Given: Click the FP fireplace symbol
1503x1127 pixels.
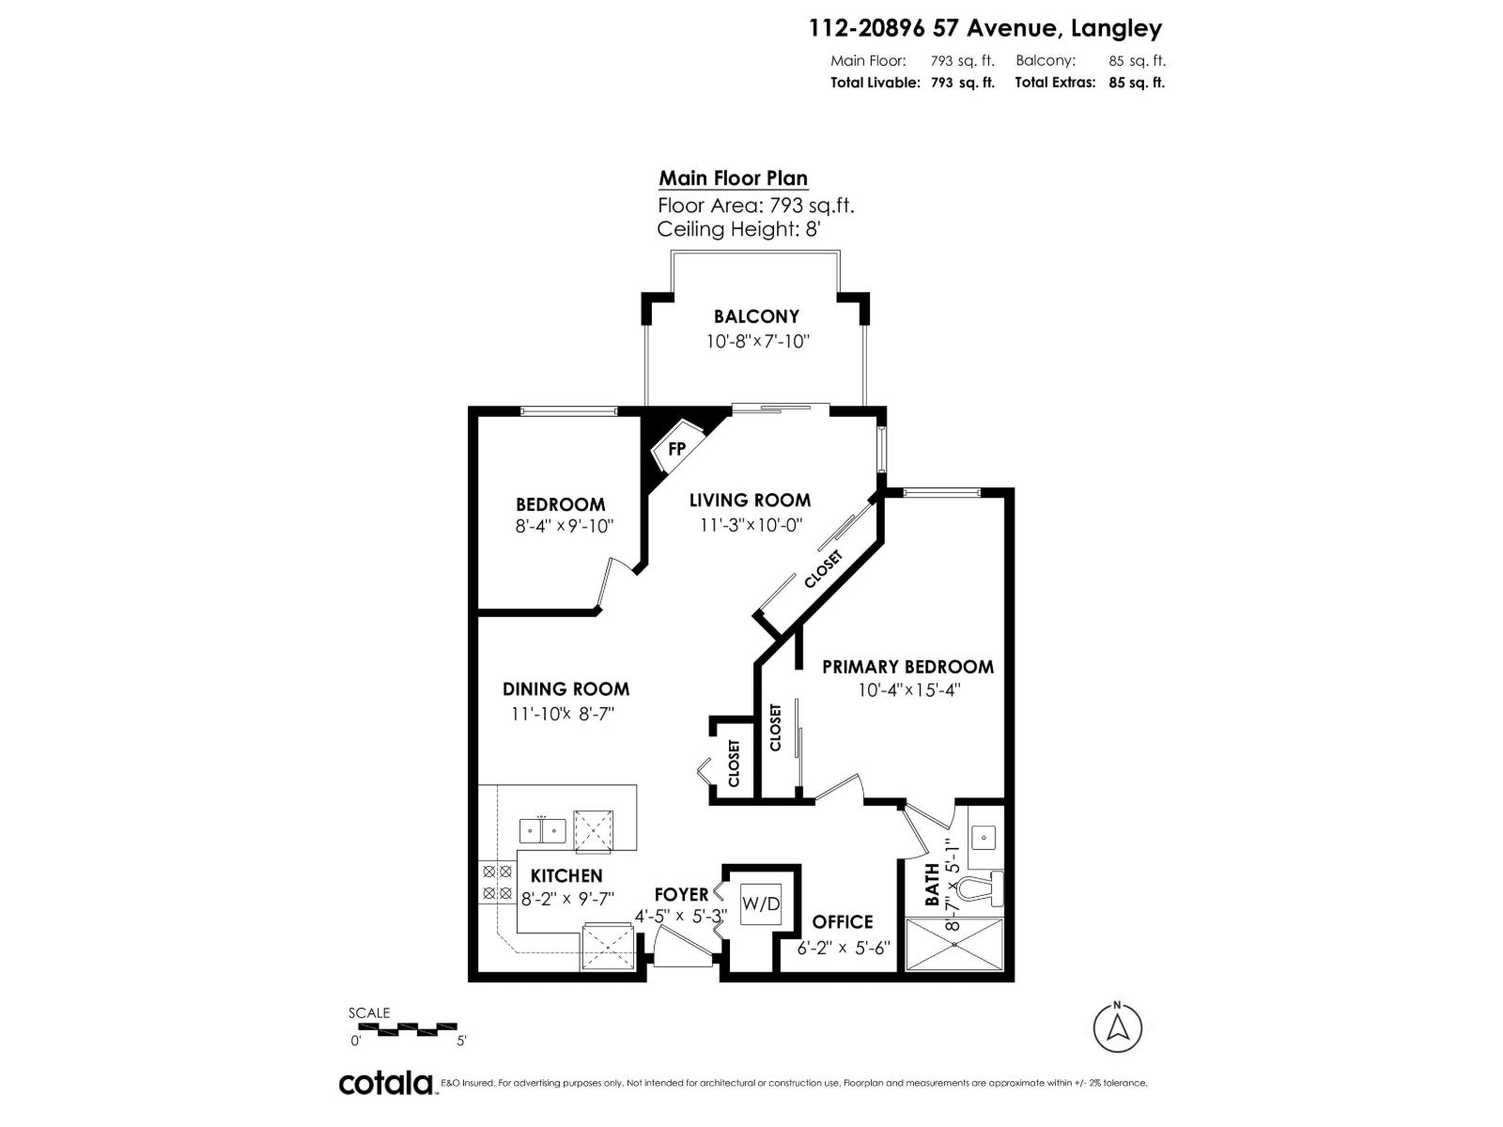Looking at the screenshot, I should point(676,449).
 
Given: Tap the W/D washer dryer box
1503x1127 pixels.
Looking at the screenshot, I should point(761,904).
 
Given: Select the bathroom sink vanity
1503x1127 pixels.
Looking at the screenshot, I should point(984,836).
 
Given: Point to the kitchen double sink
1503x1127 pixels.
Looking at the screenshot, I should point(542,831).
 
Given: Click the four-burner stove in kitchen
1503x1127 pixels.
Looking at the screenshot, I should point(496,883).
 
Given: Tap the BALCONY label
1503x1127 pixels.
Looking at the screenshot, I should point(756,316).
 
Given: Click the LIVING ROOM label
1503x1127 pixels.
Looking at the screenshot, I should point(750,501).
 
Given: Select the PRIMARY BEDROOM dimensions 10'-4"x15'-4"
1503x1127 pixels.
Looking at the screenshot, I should point(907,690).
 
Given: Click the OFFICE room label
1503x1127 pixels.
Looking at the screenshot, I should point(843,921).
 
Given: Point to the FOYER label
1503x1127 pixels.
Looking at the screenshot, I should point(681,894).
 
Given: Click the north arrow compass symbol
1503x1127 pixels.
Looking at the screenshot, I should point(1118,1027).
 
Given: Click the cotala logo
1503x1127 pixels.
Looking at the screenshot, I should point(385,1083).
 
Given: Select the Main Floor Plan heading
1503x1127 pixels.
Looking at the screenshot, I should point(733,178).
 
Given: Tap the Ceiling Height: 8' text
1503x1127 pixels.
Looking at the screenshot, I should point(739,229).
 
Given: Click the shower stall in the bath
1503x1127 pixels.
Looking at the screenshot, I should point(953,944).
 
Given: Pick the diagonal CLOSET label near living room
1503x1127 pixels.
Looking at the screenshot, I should point(823,569).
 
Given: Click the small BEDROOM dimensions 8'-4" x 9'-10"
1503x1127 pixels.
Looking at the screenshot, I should point(564,526).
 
